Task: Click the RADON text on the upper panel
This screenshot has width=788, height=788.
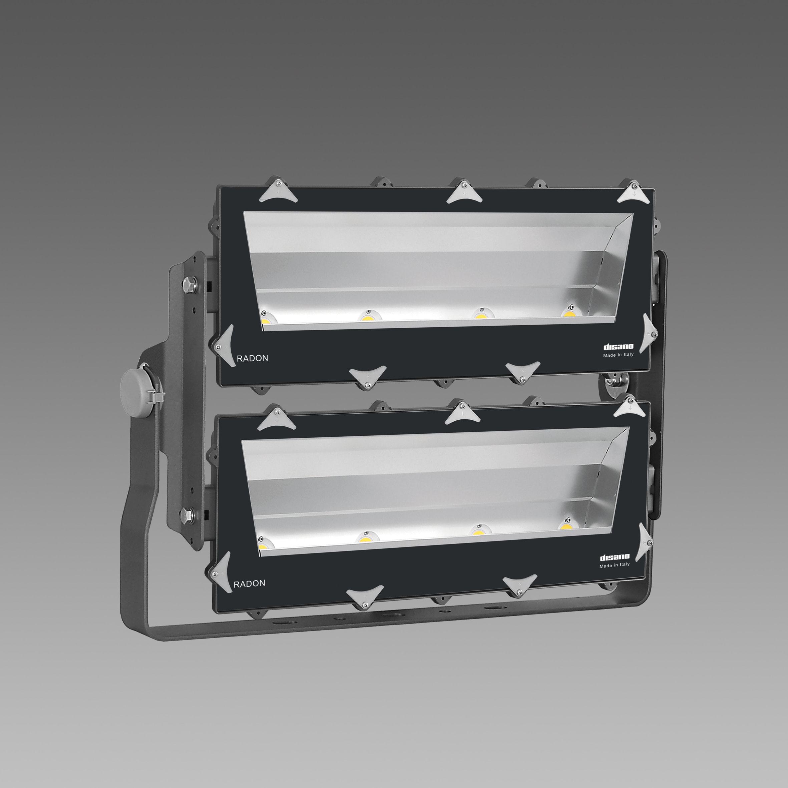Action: [253, 358]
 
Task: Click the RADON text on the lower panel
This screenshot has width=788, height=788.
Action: [249, 583]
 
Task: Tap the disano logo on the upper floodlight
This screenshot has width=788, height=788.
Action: [618, 347]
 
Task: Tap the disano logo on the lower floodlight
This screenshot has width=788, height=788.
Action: [614, 557]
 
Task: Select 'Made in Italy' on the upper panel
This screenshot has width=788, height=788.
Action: [618, 355]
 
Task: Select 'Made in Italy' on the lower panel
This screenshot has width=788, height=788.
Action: [614, 565]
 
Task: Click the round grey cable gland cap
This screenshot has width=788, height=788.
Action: [136, 387]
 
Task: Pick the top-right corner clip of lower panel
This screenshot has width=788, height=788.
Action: [630, 408]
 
